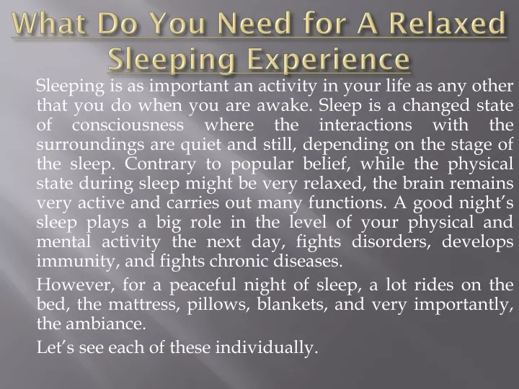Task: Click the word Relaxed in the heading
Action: (447, 24)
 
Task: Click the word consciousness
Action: (128, 125)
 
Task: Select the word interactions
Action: (365, 125)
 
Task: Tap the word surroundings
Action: (90, 146)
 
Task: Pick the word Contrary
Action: (160, 165)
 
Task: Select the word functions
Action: (347, 202)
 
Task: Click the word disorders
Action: (391, 241)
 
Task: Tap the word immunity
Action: (78, 261)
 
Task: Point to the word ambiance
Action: (106, 323)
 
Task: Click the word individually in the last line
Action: (267, 348)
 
